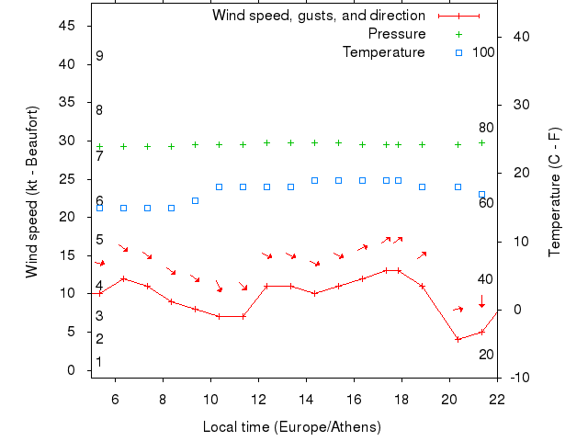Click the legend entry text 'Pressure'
(x=397, y=34)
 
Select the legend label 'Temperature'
(x=384, y=52)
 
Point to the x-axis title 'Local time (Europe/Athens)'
(x=292, y=427)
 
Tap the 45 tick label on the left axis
(x=67, y=26)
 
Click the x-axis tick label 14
(x=306, y=399)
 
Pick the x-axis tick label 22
(x=497, y=399)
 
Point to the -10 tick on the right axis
(x=517, y=378)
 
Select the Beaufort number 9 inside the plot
(x=99, y=56)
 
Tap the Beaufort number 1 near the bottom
(x=99, y=362)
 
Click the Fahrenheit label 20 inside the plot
(x=486, y=355)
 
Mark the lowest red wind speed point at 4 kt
(x=458, y=339)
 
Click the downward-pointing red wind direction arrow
(x=481, y=301)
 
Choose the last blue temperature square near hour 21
(x=481, y=195)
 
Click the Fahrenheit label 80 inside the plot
(x=486, y=128)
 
